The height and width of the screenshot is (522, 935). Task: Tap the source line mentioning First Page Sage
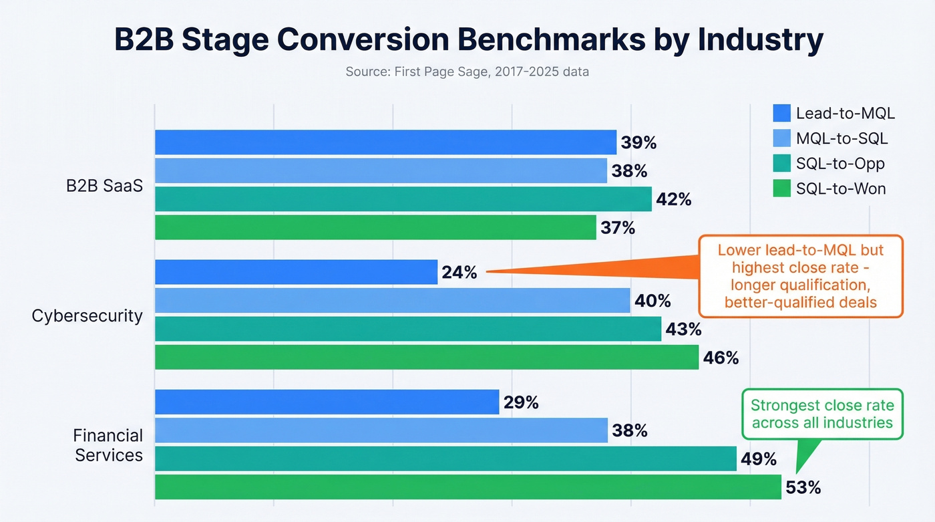[x=467, y=71]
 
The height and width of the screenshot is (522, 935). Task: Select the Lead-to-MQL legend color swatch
[x=781, y=113]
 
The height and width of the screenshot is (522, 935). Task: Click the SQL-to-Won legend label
[x=841, y=189]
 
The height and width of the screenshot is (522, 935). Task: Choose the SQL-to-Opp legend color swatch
[x=781, y=164]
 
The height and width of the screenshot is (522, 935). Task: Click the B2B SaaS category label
[x=104, y=186]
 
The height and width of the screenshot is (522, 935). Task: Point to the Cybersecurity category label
[x=87, y=315]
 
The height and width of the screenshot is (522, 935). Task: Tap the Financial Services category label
[x=108, y=445]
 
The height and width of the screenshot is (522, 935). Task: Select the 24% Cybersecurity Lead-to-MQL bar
[x=296, y=272]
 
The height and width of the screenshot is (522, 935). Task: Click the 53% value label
[x=803, y=487]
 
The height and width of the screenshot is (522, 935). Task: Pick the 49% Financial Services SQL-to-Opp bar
[x=445, y=459]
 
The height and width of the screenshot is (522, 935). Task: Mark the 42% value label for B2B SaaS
[x=673, y=199]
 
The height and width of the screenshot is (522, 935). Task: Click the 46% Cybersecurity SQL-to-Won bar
[x=427, y=358]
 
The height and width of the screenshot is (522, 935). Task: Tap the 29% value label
[x=521, y=402]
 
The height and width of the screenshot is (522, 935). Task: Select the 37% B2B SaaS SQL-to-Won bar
[x=375, y=228]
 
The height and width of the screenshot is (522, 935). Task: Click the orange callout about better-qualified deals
[x=800, y=276]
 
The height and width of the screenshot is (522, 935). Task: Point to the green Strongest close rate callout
[x=821, y=414]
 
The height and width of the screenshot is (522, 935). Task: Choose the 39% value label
[x=639, y=142]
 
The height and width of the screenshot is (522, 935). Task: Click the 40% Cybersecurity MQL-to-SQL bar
[x=393, y=301]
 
